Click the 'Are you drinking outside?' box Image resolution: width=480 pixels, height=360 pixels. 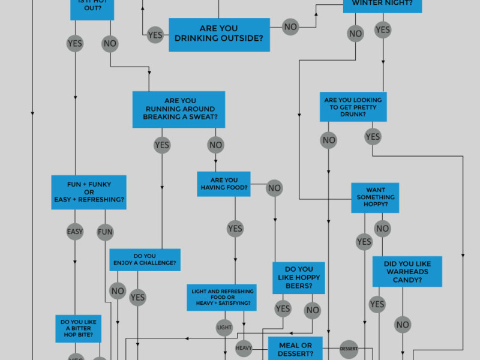coord(219,35)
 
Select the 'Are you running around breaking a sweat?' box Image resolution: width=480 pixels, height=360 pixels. coord(179,109)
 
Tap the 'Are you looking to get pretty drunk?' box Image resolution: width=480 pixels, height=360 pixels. coord(353,107)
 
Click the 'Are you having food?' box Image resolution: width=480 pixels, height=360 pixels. coord(224,184)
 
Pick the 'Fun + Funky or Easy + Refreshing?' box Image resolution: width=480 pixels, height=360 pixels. coord(89,192)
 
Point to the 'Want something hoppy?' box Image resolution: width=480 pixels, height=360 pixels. coord(375,197)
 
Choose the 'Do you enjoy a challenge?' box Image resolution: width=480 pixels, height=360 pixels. coord(145,259)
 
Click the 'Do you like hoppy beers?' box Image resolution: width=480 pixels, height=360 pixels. coord(299,278)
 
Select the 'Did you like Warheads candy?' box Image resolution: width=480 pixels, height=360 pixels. coord(407,272)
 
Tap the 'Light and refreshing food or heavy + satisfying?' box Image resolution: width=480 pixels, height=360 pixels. coord(222,298)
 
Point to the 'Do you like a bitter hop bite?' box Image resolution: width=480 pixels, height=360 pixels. coord(79,328)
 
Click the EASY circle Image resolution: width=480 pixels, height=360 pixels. coord(75,232)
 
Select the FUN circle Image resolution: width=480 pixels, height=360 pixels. coord(105,232)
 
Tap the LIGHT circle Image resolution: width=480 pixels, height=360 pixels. coord(224,327)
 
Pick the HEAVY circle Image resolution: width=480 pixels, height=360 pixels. coord(244,348)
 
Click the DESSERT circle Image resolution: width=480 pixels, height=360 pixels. coord(349,348)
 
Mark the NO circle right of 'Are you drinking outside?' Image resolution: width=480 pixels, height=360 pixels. coord(290,27)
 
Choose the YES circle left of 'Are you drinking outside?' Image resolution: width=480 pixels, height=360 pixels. coord(155,35)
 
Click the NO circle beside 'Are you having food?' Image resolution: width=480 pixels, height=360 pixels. coord(274,188)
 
